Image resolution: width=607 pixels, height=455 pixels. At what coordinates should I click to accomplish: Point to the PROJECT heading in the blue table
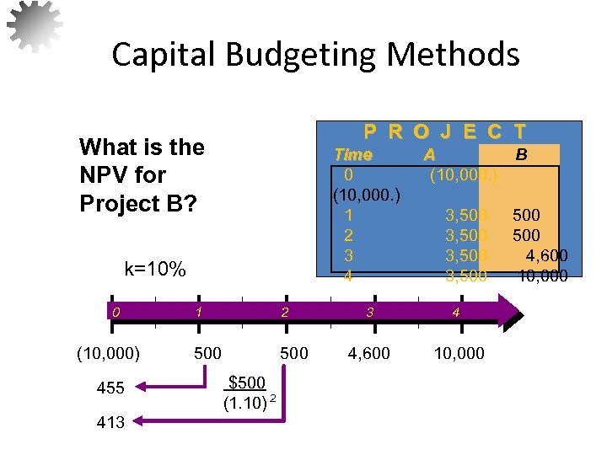click(x=444, y=131)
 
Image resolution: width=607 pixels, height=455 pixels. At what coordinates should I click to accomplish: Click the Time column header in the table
click(x=352, y=155)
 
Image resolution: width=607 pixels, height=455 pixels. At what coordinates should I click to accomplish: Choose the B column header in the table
click(x=522, y=155)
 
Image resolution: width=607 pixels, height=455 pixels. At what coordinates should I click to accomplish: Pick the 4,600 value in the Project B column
click(x=546, y=255)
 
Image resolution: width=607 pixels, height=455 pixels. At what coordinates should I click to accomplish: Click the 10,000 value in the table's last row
click(x=541, y=276)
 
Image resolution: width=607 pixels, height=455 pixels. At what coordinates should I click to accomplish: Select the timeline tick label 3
click(x=369, y=313)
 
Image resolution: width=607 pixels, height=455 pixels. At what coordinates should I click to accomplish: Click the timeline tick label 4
click(x=455, y=313)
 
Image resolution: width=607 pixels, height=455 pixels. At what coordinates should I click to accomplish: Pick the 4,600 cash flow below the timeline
click(x=369, y=353)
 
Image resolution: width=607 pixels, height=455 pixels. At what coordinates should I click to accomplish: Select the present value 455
click(x=110, y=388)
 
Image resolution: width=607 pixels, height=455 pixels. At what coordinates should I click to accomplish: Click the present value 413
click(x=110, y=422)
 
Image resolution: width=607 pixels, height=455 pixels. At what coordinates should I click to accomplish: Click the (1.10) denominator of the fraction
click(x=245, y=403)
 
